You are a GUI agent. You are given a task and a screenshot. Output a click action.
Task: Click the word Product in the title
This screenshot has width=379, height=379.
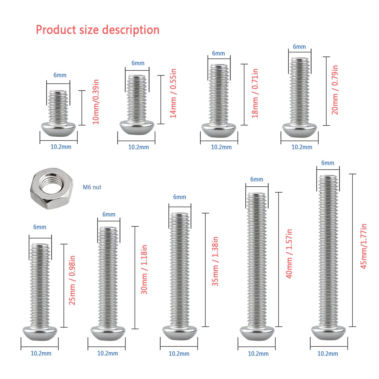(56, 30)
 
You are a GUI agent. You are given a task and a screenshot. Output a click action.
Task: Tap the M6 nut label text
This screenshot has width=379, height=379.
(92, 187)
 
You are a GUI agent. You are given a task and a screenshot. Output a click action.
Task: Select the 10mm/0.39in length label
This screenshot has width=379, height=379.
(96, 102)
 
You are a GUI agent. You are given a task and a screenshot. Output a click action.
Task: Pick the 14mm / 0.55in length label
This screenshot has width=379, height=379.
(173, 93)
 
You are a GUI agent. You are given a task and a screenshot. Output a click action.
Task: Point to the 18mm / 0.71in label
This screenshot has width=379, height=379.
(255, 93)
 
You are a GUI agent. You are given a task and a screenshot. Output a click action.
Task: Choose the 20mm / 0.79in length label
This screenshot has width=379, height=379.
(335, 90)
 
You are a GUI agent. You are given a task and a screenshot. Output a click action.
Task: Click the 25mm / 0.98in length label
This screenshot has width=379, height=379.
(72, 280)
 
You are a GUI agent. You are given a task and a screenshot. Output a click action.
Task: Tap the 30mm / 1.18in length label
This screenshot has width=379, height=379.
(144, 269)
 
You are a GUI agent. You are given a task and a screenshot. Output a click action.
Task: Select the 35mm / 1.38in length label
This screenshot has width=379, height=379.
(215, 261)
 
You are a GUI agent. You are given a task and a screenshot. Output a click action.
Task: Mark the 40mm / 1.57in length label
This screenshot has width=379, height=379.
(289, 254)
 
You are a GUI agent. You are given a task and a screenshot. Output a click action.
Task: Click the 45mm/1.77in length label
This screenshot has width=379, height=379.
(364, 246)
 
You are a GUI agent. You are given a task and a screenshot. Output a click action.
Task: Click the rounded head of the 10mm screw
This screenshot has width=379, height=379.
(58, 129)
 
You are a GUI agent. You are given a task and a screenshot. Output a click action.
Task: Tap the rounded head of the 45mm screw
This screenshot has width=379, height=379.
(328, 333)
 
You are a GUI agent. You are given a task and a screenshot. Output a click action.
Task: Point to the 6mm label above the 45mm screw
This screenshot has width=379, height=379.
(328, 163)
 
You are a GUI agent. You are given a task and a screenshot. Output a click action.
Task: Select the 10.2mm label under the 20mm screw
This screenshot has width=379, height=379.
(302, 147)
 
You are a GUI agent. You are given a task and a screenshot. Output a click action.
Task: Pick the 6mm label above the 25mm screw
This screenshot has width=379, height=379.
(40, 227)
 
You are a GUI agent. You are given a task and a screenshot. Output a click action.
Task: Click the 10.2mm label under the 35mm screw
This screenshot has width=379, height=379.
(179, 354)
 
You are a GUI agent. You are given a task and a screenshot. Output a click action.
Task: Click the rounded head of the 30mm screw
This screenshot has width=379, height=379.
(108, 333)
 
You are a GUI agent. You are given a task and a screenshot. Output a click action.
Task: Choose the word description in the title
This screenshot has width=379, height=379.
(131, 30)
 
